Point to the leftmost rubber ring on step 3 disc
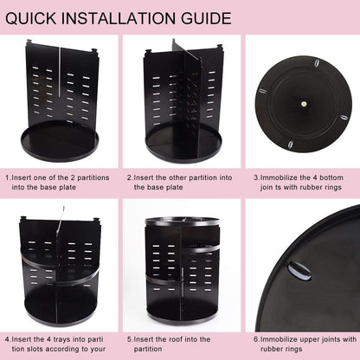tap(265, 96)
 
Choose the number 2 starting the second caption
tap(129, 177)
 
